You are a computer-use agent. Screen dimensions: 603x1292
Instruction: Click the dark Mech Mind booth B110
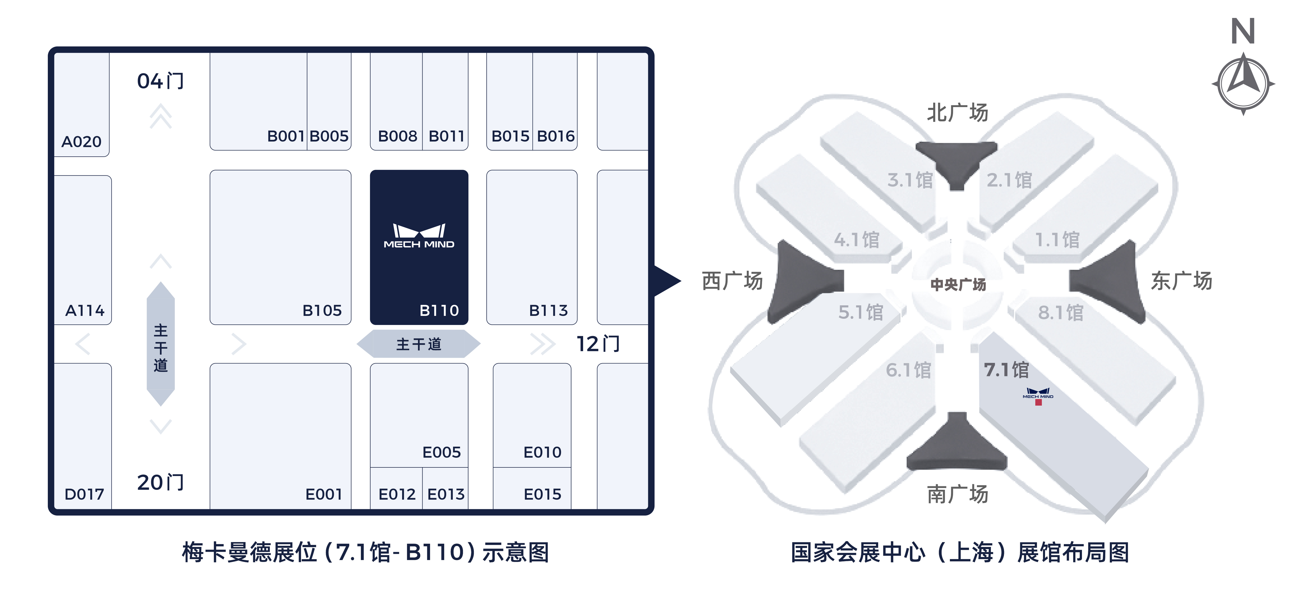tap(419, 247)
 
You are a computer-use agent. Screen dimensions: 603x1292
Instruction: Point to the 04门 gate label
tap(161, 81)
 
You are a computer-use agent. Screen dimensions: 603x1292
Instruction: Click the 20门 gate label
tap(161, 483)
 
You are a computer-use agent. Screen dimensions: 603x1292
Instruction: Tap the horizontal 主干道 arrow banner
tap(419, 344)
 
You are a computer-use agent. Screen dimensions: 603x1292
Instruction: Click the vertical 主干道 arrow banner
tap(161, 344)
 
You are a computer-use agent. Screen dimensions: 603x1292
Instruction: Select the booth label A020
tap(81, 142)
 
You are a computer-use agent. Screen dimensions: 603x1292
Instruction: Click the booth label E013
tap(446, 494)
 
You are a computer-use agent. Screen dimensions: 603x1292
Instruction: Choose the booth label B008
tap(397, 136)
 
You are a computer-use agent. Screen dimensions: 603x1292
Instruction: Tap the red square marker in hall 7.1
tap(1038, 402)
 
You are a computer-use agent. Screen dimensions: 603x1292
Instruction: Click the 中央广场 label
tap(958, 285)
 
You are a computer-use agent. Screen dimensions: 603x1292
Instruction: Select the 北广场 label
tap(957, 113)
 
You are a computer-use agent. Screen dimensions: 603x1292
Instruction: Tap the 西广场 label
tap(732, 281)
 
